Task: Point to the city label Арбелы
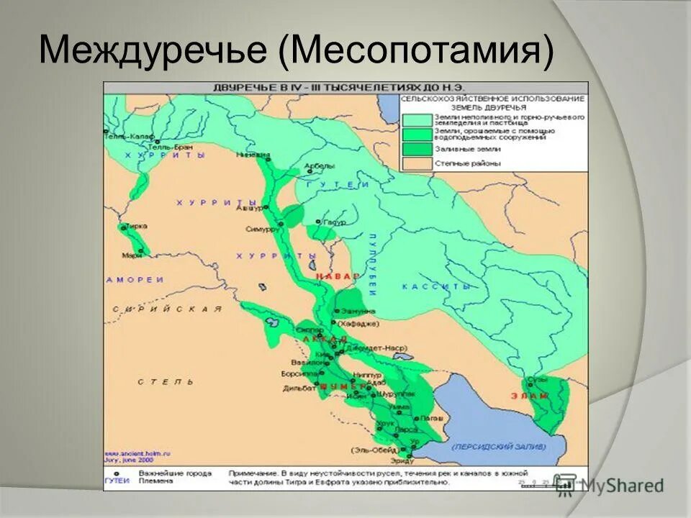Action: (321, 166)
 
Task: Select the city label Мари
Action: (131, 255)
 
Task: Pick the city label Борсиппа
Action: (295, 375)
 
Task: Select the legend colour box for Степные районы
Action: (415, 164)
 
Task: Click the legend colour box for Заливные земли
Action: (415, 149)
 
